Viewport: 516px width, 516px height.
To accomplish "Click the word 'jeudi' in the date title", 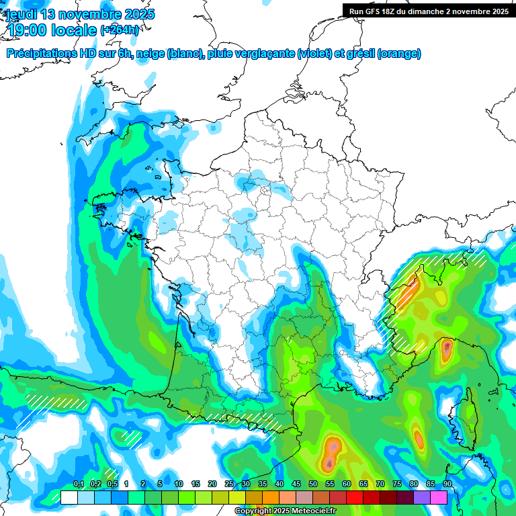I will (x=21, y=14).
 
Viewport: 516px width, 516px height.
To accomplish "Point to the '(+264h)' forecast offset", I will (x=120, y=30).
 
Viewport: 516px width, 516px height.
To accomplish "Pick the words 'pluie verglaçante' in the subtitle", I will (x=251, y=54).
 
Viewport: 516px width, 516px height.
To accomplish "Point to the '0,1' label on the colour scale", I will (x=79, y=484).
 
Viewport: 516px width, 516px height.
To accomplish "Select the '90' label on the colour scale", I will (x=447, y=484).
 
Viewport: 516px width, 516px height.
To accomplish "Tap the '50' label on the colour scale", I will (x=313, y=484).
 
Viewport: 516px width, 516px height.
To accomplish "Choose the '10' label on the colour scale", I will (x=179, y=484).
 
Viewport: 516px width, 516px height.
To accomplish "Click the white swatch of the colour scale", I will (x=69, y=497).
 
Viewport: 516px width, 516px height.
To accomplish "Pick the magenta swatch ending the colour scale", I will (x=439, y=497).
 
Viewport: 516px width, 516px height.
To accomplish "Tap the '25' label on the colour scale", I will (x=229, y=484).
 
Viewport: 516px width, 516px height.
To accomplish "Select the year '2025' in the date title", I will (x=136, y=14).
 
